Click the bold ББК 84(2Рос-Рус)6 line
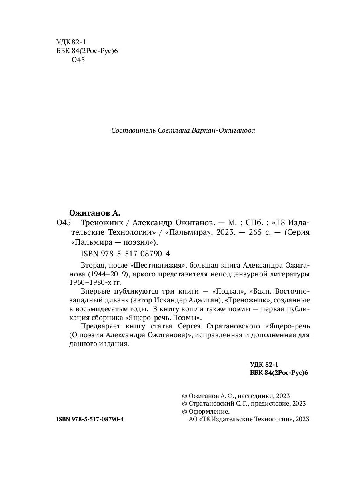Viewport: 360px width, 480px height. [279, 372]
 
